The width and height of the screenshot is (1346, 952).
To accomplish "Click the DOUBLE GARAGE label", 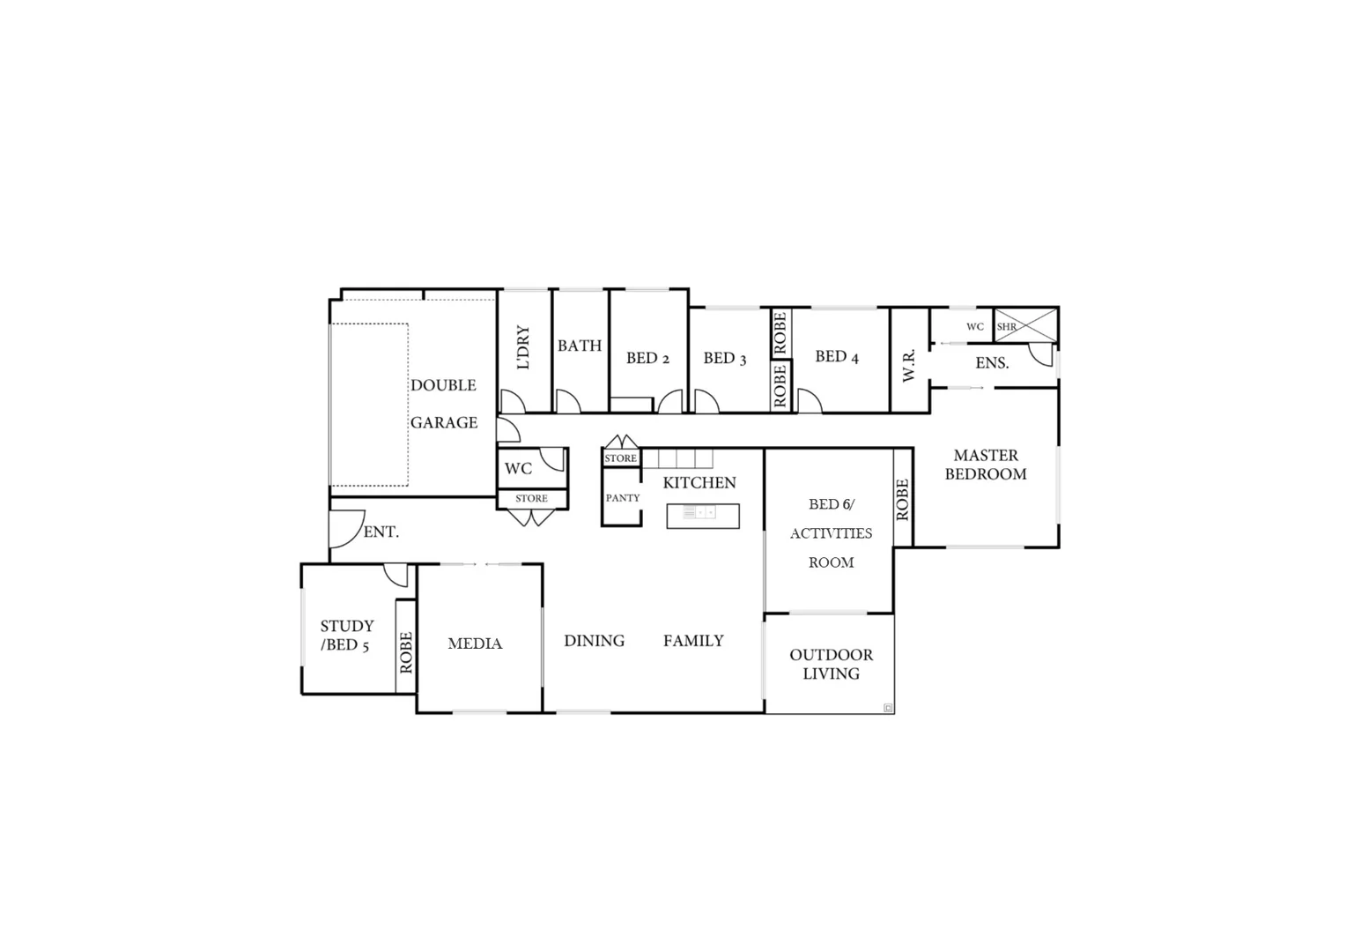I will tap(444, 404).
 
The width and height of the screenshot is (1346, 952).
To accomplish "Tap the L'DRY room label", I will tap(524, 347).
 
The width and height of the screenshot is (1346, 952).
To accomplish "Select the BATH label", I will tap(580, 346).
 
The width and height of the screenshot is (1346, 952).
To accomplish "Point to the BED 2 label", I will tap(647, 358).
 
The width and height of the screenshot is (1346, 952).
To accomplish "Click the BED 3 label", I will tap(724, 358).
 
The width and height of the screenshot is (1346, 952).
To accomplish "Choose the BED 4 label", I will tap(836, 356).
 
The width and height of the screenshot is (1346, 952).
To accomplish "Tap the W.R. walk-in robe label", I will tap(909, 364).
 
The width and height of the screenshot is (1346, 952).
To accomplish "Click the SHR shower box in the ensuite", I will tap(1024, 325).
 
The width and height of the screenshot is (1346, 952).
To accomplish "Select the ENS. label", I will tap(992, 363).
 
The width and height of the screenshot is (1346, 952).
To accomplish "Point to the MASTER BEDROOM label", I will tap(986, 465).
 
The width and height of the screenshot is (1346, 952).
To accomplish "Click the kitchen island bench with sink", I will tap(702, 516).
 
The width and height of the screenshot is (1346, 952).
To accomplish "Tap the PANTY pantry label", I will tap(623, 498).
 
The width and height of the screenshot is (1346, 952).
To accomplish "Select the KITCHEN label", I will tap(699, 482).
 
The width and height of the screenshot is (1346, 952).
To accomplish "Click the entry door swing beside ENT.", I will tap(344, 529).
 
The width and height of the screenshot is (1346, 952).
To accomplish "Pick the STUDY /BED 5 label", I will tap(346, 635).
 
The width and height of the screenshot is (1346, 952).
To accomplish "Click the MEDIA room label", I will tap(475, 643).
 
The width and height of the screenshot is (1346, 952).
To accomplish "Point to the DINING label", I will tap(594, 641).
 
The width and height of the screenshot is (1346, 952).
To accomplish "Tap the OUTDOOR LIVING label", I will tap(831, 664).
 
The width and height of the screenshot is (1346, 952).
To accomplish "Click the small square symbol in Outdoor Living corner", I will tap(887, 707).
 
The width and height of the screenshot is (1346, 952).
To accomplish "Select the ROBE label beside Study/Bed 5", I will tap(406, 652).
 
